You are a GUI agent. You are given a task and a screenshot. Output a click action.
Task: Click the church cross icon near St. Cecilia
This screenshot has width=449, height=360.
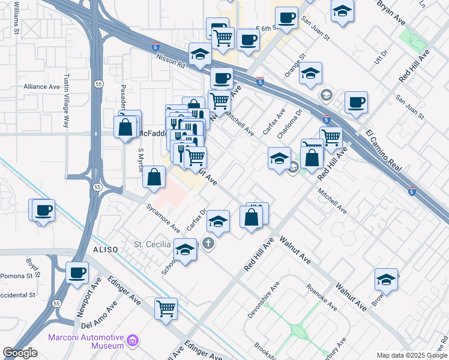pos(208,244)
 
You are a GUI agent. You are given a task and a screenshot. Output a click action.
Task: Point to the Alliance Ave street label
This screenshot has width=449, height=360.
pos(41,86)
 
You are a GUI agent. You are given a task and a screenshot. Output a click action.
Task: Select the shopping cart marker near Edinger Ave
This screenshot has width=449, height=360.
pos(166,308)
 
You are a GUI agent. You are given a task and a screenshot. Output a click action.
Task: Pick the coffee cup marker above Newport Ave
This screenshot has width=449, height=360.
pos(77,272)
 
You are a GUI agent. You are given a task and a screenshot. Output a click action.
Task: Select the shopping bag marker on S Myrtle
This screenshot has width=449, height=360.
pos(154,176)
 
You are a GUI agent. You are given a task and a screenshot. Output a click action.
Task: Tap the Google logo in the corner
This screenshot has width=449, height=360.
pos(20,353)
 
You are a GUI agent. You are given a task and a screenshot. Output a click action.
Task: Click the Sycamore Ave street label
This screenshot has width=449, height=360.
pos(163,217)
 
